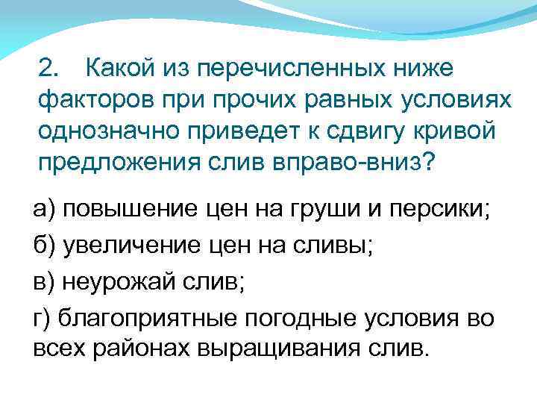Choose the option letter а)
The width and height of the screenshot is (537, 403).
[x=44, y=209]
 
